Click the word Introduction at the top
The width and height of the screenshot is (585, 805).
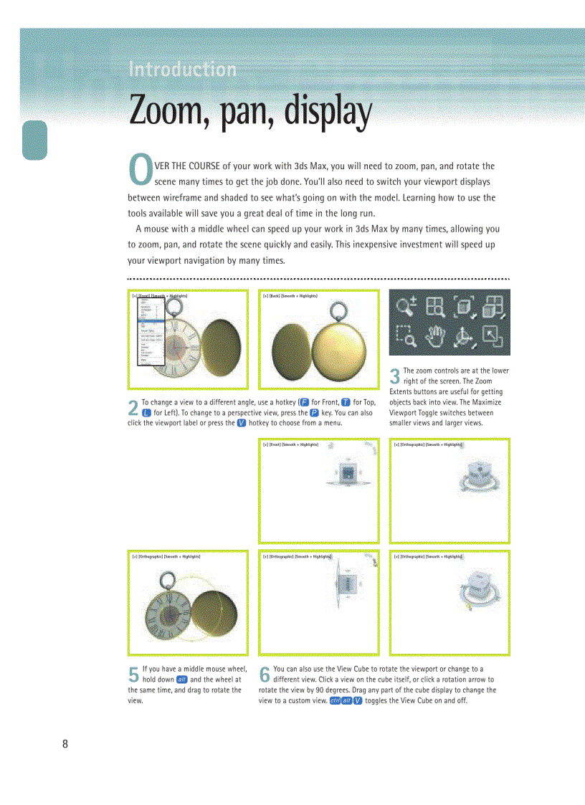pos(182,70)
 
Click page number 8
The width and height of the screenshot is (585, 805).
pos(65,744)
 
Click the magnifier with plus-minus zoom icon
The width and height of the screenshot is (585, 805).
pos(406,307)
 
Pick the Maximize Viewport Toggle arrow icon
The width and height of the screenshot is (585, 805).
pos(493,334)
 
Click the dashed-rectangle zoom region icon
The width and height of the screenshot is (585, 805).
pos(406,334)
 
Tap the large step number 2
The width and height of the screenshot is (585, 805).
pos(133,408)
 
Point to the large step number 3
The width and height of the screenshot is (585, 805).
pos(394,376)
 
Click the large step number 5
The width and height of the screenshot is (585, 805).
pos(133,675)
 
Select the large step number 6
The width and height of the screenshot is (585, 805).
pos(264,675)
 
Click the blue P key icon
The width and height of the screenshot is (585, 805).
pos(314,413)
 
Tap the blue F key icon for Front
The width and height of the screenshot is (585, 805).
pos(305,403)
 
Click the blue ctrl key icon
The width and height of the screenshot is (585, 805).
pos(335,700)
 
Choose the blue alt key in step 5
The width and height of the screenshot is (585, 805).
pos(182,680)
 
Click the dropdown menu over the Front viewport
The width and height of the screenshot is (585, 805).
pos(151,330)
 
